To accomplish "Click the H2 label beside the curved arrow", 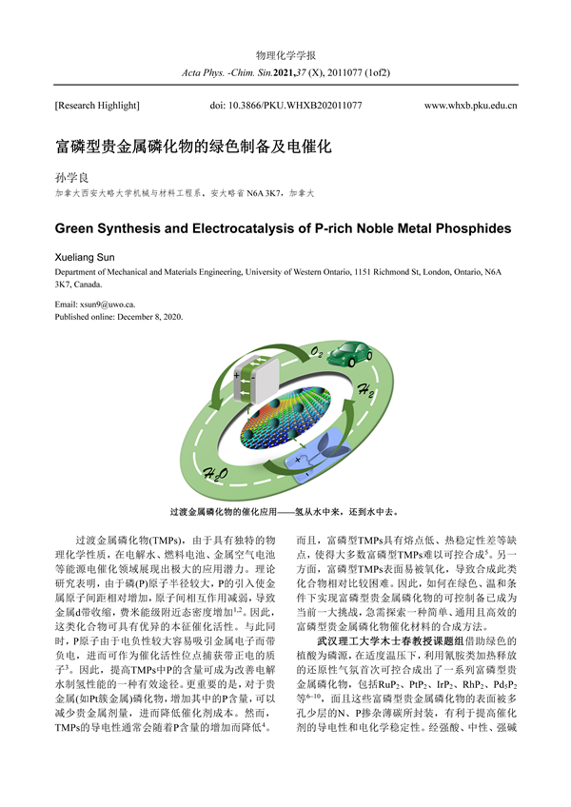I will tap(367, 389).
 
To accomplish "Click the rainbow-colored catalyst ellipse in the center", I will tap(285, 418).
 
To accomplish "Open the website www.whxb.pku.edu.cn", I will tap(470, 105).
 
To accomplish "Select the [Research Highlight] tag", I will tap(96, 105).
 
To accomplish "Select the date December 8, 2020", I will tap(148, 316).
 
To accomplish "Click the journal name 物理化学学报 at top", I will tap(285, 55).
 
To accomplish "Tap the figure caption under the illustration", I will tap(284, 511).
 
